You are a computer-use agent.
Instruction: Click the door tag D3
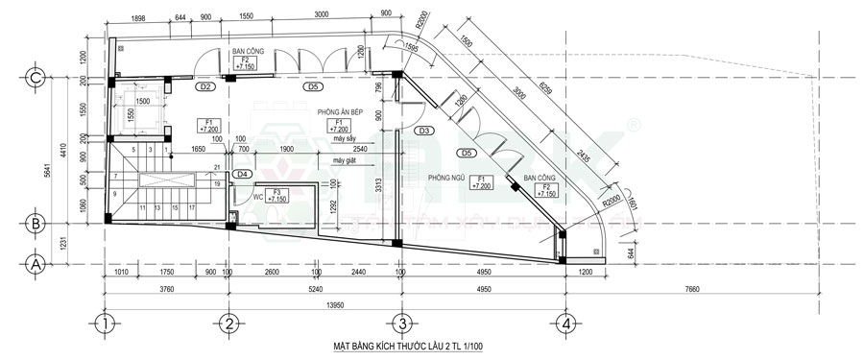(x=425, y=130)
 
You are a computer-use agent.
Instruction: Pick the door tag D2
(x=204, y=87)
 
